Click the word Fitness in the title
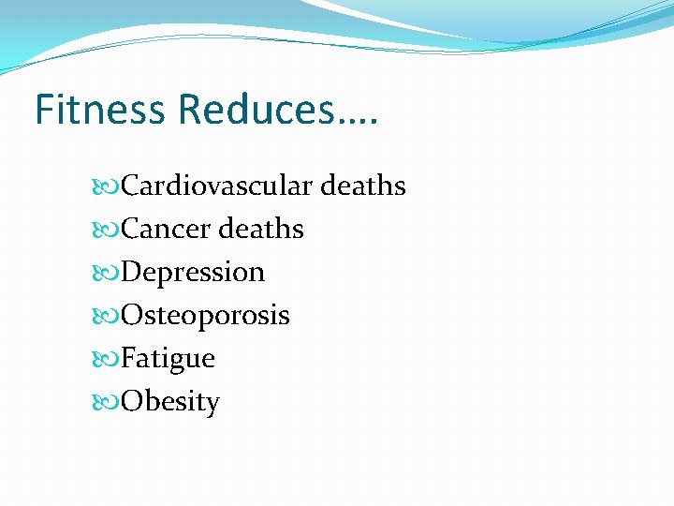(101, 110)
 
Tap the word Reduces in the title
(254, 110)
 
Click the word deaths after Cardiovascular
(363, 186)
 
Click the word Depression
(193, 273)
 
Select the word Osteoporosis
(205, 316)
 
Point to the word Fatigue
(168, 359)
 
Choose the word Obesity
(170, 402)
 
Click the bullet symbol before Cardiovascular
(109, 186)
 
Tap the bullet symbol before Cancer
(109, 230)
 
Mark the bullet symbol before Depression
(109, 273)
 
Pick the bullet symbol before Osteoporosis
(109, 316)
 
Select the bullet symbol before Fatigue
(109, 359)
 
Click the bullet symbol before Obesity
(109, 402)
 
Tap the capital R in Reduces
(189, 110)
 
